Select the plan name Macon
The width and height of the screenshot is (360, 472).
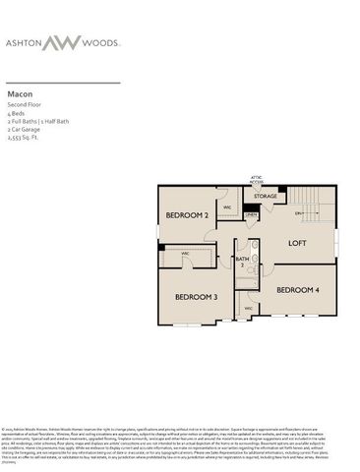[19, 95]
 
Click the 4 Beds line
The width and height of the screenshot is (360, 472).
[17, 112]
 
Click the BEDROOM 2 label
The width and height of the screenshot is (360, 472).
[187, 214]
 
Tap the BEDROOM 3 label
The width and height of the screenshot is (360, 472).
[197, 296]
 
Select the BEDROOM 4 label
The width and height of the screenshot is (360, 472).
[297, 289]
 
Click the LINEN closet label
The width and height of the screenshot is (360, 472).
[251, 214]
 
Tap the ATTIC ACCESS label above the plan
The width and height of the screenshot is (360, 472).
[257, 180]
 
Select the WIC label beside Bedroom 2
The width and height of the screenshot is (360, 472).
[227, 207]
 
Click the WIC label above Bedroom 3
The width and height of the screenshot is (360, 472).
[185, 254]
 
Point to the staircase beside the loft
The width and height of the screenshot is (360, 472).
[309, 211]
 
